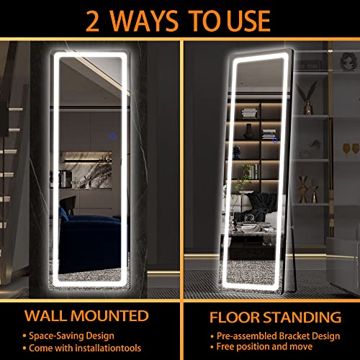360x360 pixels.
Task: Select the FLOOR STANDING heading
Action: click(x=276, y=316)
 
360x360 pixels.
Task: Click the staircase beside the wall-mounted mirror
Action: click(x=10, y=166)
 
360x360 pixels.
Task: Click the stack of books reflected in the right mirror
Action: click(x=249, y=112)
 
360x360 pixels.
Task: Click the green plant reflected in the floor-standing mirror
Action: click(x=248, y=173)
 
